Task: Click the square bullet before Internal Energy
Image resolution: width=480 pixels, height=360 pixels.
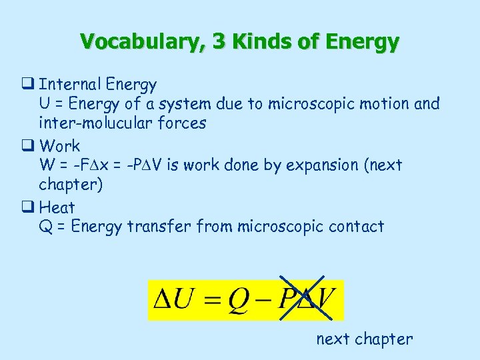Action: (x=30, y=85)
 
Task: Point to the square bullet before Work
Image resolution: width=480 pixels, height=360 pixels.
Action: (x=30, y=145)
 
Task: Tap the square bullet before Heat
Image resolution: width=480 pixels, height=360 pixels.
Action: (x=30, y=207)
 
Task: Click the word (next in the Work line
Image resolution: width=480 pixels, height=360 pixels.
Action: (x=383, y=165)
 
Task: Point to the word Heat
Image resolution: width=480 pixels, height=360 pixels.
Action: (x=57, y=207)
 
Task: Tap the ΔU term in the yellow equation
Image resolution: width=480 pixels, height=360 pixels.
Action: (x=171, y=300)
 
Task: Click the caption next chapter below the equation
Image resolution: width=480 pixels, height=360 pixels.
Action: (x=364, y=339)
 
